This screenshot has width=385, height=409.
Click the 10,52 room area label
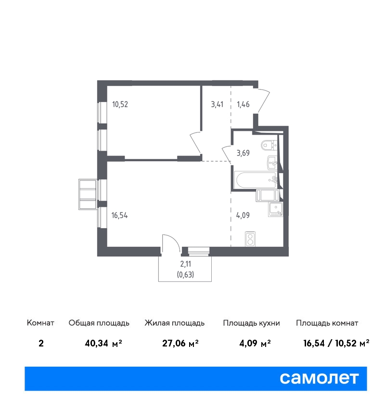pyautogui.click(x=120, y=104)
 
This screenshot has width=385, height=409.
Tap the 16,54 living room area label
pyautogui.click(x=119, y=216)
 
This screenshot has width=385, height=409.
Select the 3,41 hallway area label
pyautogui.click(x=217, y=104)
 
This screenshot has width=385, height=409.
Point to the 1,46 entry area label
pyautogui.click(x=243, y=104)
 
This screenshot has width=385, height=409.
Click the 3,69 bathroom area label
pyautogui.click(x=243, y=153)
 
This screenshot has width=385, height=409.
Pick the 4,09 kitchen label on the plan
pyautogui.click(x=243, y=215)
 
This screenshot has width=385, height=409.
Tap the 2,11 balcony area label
pyautogui.click(x=185, y=264)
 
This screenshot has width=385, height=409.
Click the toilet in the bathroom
pyautogui.click(x=269, y=144)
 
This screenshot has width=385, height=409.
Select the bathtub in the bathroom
pyautogui.click(x=256, y=180)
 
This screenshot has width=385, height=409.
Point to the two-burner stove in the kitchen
pyautogui.click(x=250, y=239)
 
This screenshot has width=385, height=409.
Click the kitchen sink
pyautogui.click(x=275, y=209)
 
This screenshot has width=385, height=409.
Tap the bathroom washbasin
pyautogui.click(x=272, y=163)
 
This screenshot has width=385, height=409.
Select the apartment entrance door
pyautogui.click(x=263, y=101)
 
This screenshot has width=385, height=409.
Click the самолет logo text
pyautogui.click(x=319, y=378)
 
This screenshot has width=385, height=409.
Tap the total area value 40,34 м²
pyautogui.click(x=103, y=343)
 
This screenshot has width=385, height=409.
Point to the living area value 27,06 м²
pyautogui.click(x=180, y=343)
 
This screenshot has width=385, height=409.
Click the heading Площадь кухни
pyautogui.click(x=251, y=323)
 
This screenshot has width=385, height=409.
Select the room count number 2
pyautogui.click(x=41, y=343)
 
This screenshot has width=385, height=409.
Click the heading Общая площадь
pyautogui.click(x=99, y=323)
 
